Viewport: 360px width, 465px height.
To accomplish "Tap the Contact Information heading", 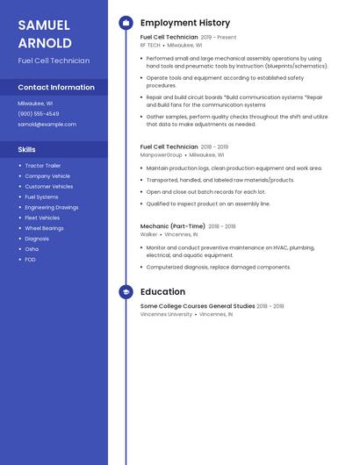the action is [56, 88].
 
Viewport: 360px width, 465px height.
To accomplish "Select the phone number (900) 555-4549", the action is [39, 114].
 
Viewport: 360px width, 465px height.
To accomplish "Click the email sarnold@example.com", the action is [47, 125].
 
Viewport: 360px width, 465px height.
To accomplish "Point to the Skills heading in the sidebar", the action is [26, 150].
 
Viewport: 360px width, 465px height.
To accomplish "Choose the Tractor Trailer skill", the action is [43, 166].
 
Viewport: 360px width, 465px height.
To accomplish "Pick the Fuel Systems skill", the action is [41, 197].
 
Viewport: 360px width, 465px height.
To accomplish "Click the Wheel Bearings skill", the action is [44, 228].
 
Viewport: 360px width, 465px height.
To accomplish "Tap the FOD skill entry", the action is [31, 260].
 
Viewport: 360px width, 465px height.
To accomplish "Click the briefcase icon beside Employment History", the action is [126, 23].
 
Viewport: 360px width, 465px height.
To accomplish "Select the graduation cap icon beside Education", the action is [126, 292].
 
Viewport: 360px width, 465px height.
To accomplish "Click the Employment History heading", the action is [185, 23].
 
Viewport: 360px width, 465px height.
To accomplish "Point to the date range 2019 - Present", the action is [219, 38].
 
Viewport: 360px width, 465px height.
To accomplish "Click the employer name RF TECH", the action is [150, 45].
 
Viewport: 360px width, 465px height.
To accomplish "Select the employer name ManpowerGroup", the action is [162, 154].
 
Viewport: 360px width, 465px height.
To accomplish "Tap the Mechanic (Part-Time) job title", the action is [173, 226].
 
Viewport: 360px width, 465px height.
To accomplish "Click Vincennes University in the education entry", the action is [166, 314].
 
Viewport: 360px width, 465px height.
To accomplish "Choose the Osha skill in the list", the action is [32, 249].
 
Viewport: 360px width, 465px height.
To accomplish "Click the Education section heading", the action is [162, 292].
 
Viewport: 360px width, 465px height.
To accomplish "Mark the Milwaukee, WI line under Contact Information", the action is [35, 104].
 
